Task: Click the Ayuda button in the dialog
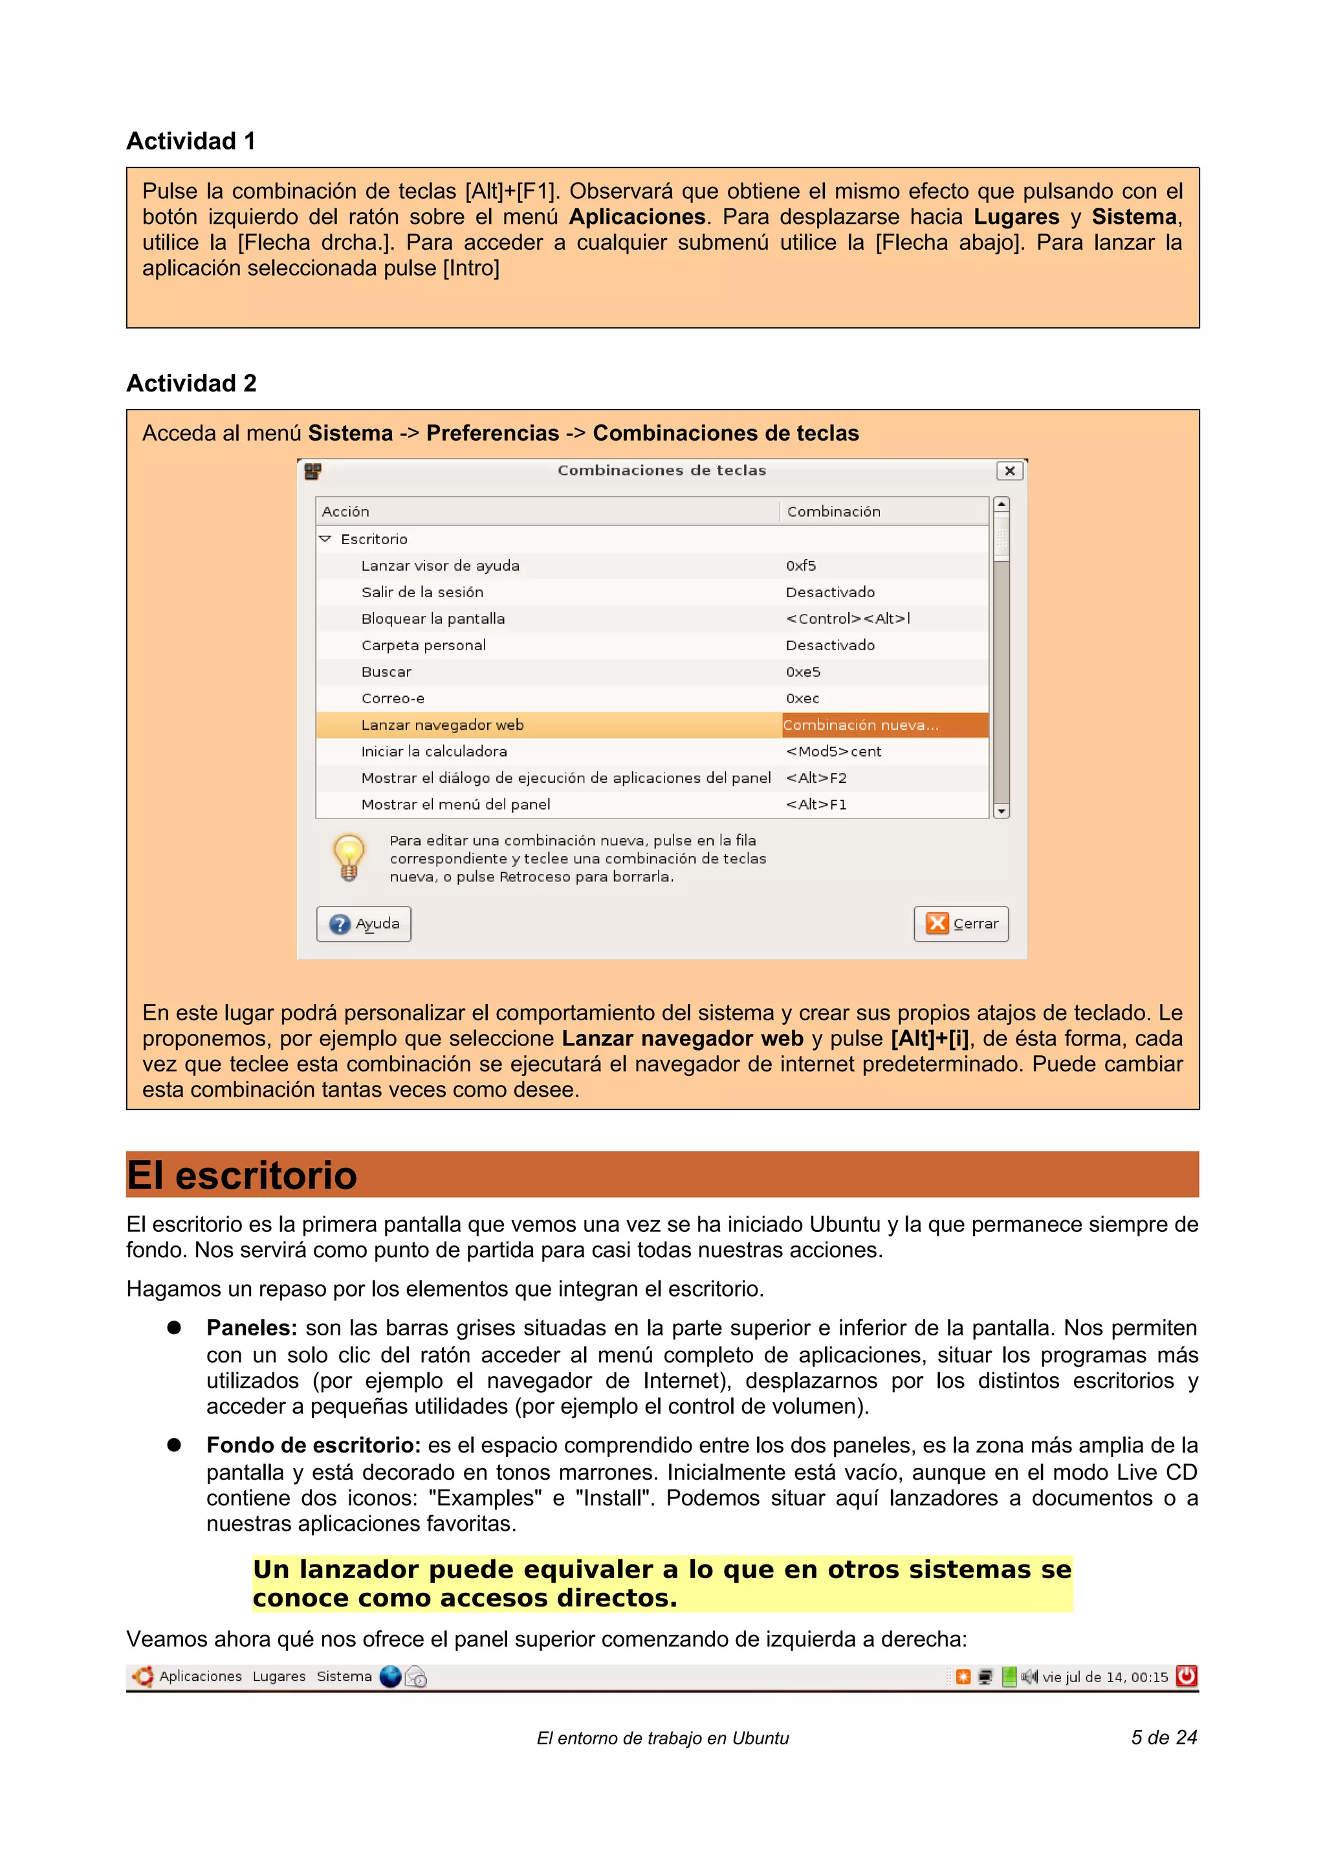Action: tap(364, 924)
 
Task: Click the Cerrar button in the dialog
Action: tap(961, 924)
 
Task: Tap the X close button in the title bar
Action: tap(1009, 470)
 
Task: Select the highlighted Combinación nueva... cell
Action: tap(884, 725)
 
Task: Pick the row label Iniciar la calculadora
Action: tap(433, 751)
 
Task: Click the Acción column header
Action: tap(345, 512)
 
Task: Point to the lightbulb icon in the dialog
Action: tap(349, 857)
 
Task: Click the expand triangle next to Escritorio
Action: tap(325, 539)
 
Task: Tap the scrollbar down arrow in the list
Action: tap(1001, 811)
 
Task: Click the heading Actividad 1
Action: tap(191, 141)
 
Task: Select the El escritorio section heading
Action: tap(242, 1175)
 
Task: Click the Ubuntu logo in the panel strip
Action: tap(143, 1676)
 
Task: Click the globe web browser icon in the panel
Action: tap(391, 1676)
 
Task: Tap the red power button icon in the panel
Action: tap(1186, 1676)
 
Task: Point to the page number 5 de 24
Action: tap(1163, 1738)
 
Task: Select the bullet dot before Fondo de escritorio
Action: tap(174, 1445)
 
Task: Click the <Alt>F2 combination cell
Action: tap(816, 778)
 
